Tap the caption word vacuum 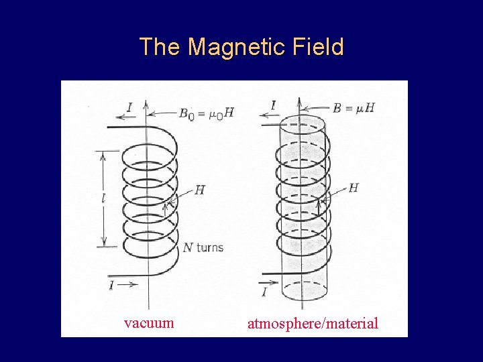(x=149, y=322)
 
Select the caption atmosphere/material (x=313, y=324)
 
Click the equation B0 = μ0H (x=207, y=113)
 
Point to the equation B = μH (x=353, y=107)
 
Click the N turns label (x=203, y=247)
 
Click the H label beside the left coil (x=199, y=190)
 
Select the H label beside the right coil (x=354, y=188)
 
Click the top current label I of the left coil (x=129, y=106)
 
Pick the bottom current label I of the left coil (x=111, y=286)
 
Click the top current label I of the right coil (x=272, y=105)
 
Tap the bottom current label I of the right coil (x=264, y=292)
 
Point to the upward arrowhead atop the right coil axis (x=301, y=104)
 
